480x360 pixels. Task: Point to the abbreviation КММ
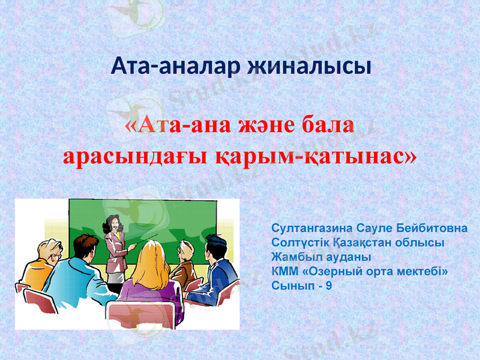pos(282,271)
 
